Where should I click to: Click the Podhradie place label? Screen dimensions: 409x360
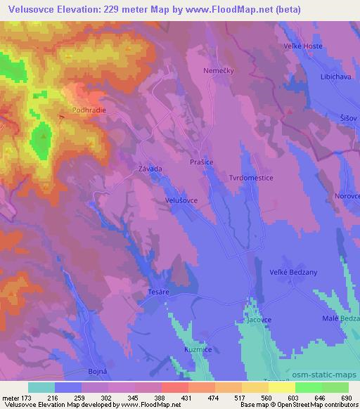click(x=89, y=110)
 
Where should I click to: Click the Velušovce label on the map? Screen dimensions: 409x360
click(x=181, y=200)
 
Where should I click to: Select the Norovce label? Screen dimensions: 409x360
click(x=347, y=196)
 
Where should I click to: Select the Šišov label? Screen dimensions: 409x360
click(x=348, y=118)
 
